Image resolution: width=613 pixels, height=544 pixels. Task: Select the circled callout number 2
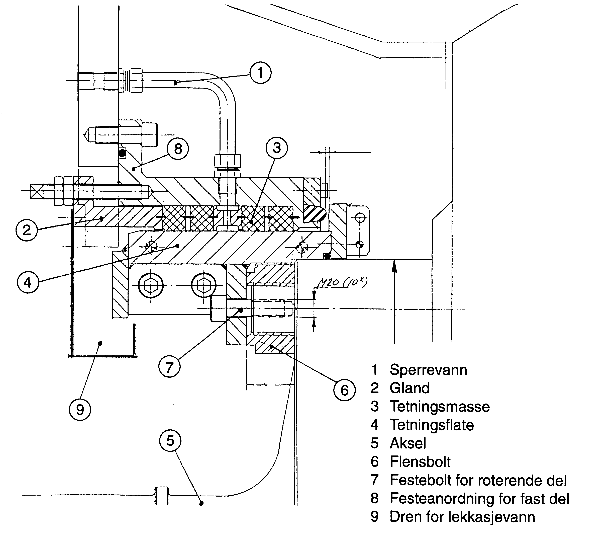pos(27,230)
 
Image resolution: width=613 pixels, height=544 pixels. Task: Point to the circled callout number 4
pos(28,282)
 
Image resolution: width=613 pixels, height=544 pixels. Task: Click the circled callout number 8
pos(178,148)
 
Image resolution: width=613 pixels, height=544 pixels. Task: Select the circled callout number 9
pos(80,410)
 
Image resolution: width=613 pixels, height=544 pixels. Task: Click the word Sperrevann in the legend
pos(428,370)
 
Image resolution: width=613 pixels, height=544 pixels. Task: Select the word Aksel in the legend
pos(407,443)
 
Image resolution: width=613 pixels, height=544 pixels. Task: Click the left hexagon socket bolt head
pos(151,286)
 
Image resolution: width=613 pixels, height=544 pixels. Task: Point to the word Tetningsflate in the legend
pos(432,425)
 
